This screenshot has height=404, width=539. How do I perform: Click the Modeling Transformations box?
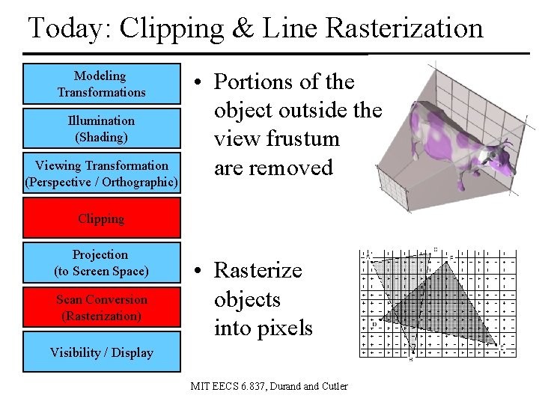tap(102, 84)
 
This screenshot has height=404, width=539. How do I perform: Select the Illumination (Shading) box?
tap(102, 129)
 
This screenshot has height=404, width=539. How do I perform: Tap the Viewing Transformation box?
tap(102, 174)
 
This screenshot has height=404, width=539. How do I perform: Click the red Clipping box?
tap(102, 218)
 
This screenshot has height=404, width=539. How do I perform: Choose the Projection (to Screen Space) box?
tap(102, 263)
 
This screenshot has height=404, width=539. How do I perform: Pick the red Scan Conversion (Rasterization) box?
tap(102, 307)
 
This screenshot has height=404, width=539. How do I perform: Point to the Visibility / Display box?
tap(102, 352)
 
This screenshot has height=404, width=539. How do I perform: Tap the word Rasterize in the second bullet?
tap(258, 270)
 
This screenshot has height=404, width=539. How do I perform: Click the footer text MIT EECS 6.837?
tap(233, 386)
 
